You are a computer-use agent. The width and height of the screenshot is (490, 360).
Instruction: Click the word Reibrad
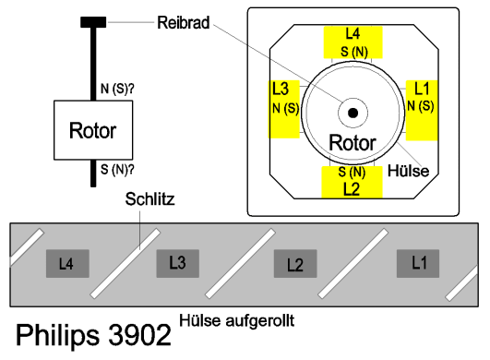tap(183, 23)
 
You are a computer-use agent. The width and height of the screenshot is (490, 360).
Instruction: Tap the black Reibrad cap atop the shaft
tap(93, 22)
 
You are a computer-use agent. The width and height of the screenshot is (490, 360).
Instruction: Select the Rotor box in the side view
tap(93, 130)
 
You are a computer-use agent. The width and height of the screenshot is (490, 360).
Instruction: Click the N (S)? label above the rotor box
tap(117, 89)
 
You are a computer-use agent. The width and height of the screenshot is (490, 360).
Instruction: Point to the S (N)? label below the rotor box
tap(117, 170)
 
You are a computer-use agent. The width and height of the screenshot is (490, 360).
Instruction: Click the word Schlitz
tap(149, 199)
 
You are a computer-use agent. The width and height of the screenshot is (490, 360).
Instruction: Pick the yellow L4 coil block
tap(353, 42)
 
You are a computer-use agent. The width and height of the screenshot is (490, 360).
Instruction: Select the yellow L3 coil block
tap(284, 109)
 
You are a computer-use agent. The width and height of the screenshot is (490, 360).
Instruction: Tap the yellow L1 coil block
tap(422, 111)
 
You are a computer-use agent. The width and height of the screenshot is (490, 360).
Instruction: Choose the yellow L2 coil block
tap(353, 182)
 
